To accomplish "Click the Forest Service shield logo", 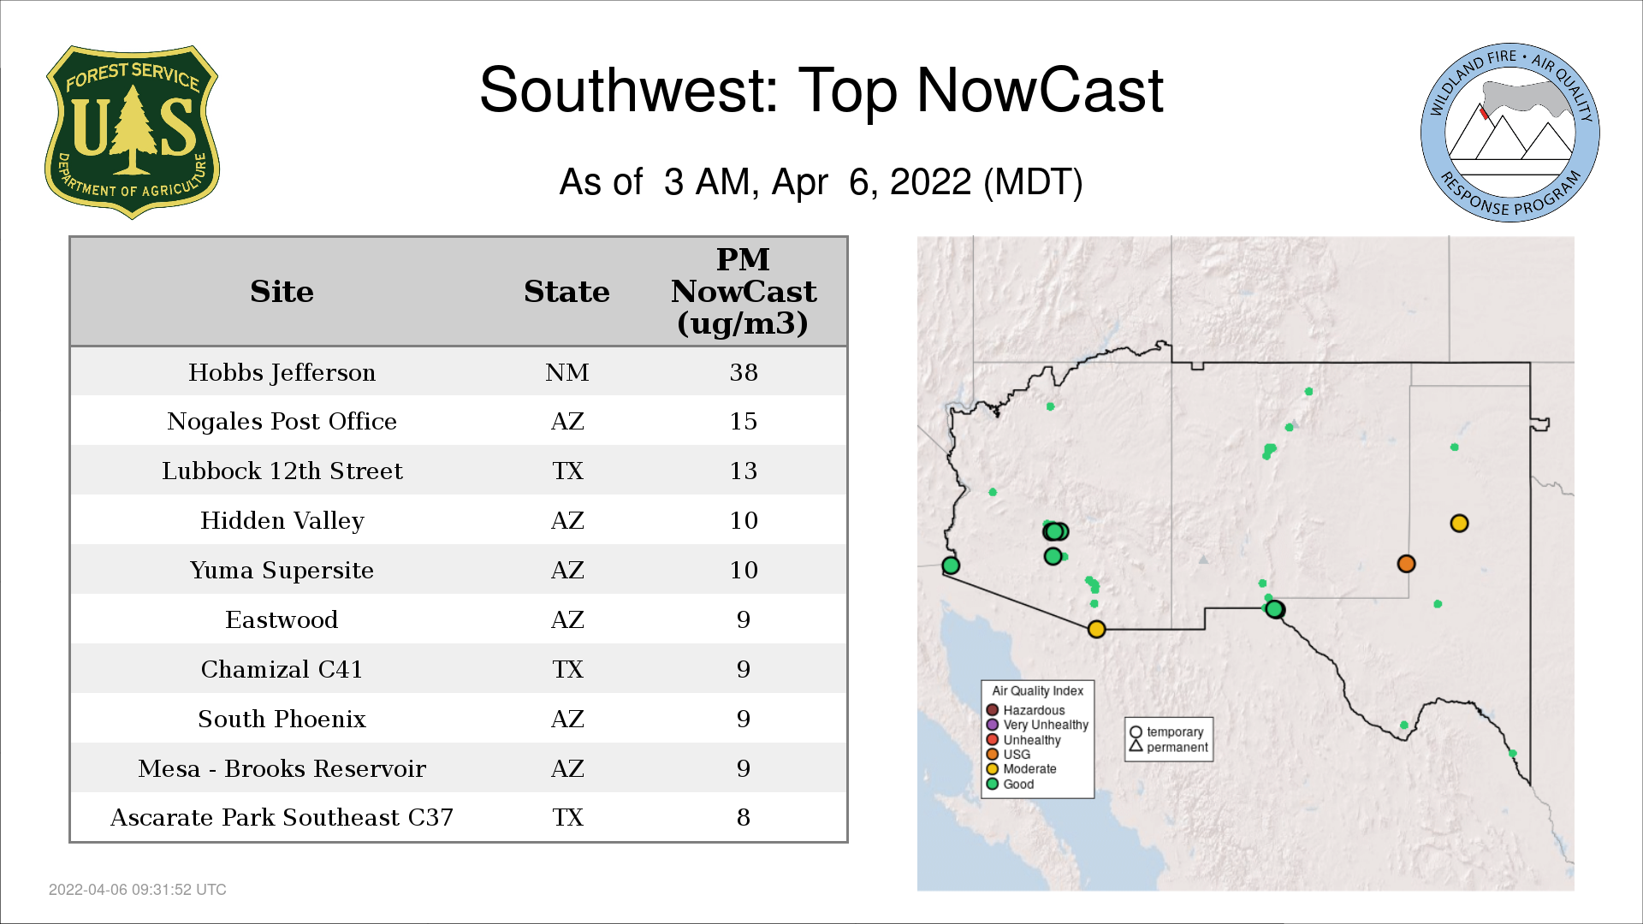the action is pyautogui.click(x=132, y=132).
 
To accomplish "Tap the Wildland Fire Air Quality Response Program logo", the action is pyautogui.click(x=1510, y=133).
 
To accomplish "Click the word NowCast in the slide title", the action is pyautogui.click(x=1040, y=91).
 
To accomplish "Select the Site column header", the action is pyautogui.click(x=282, y=292).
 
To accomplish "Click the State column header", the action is pyautogui.click(x=566, y=292).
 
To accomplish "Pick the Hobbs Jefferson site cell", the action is pyautogui.click(x=282, y=373).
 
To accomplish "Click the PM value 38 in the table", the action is pyautogui.click(x=744, y=372).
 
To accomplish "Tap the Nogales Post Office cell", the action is pyautogui.click(x=282, y=422).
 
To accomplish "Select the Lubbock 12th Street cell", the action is pyautogui.click(x=282, y=471).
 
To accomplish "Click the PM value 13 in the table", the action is pyautogui.click(x=744, y=471).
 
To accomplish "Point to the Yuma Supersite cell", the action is pyautogui.click(x=282, y=571).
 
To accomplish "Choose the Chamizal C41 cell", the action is pyautogui.click(x=282, y=669).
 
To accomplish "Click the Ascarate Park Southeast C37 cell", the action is pyautogui.click(x=282, y=818).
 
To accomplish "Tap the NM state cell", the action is pyautogui.click(x=567, y=372).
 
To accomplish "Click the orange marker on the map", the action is pyautogui.click(x=1406, y=564).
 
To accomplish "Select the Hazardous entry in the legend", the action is pyautogui.click(x=1026, y=710).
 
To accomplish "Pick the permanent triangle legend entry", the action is pyautogui.click(x=1169, y=747).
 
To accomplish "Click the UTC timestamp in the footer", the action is pyautogui.click(x=138, y=890).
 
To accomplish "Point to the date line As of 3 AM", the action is pyautogui.click(x=821, y=182).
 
